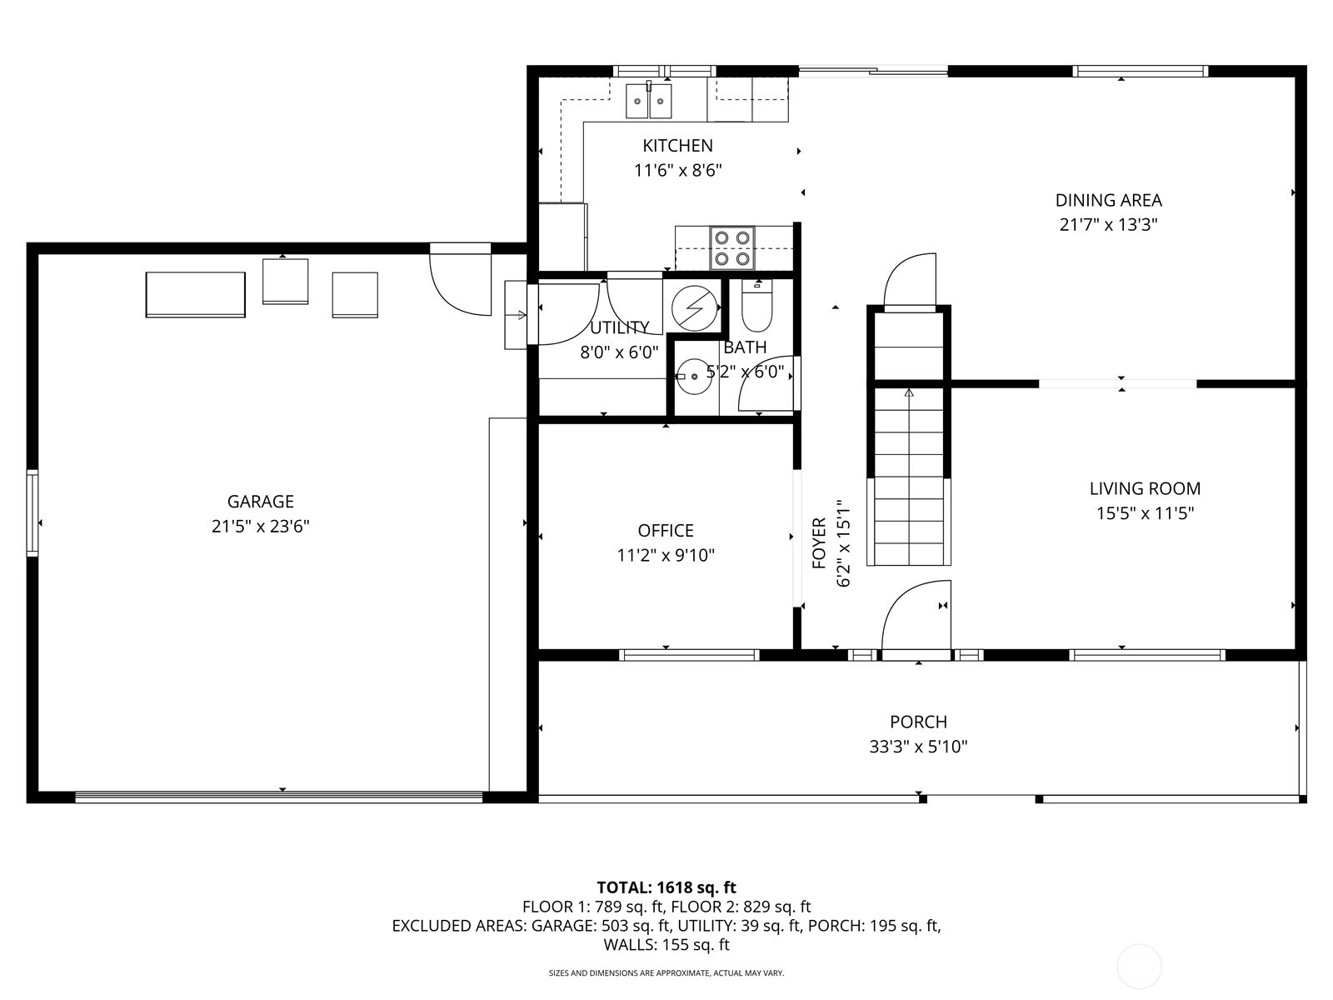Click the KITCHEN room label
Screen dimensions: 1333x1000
677,146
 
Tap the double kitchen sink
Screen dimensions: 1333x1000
648,101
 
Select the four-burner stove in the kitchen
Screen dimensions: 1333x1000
731,247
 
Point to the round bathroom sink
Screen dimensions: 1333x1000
694,377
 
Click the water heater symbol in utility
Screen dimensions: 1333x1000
694,307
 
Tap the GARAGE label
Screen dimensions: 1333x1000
261,501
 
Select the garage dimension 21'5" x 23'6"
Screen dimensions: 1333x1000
261,526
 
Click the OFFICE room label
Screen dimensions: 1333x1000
666,531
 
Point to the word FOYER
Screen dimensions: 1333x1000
819,542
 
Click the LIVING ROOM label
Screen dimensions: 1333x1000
1145,489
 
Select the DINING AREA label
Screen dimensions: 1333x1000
1108,200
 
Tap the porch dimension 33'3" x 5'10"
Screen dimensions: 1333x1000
918,746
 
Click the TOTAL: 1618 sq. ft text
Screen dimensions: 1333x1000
666,887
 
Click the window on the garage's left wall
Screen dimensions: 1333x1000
32,513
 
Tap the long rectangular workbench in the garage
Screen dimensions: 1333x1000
196,294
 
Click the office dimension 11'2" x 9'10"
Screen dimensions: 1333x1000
666,556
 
